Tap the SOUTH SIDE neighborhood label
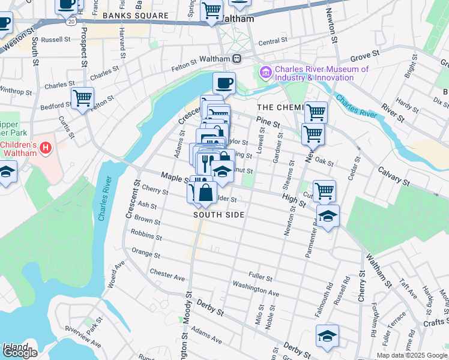(x=218, y=214)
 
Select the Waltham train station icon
(x=237, y=59)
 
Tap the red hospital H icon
(x=47, y=146)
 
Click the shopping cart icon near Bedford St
(x=82, y=98)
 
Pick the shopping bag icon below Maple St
(x=205, y=193)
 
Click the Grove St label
(x=364, y=55)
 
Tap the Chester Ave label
(x=167, y=275)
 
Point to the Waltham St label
(x=378, y=277)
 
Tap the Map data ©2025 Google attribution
(x=412, y=355)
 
